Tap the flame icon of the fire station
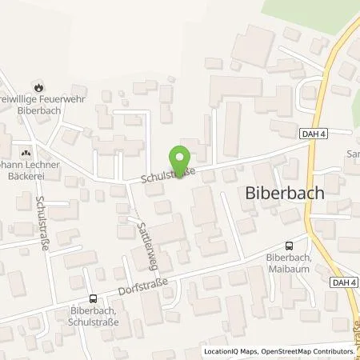tap(37, 86)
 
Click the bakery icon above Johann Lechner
tap(26, 149)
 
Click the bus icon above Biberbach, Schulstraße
tap(93, 298)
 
